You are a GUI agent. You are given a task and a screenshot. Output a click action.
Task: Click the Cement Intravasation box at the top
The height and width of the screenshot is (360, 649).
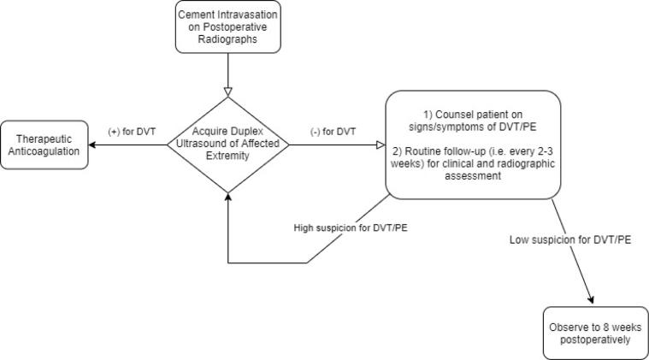pyautogui.click(x=227, y=27)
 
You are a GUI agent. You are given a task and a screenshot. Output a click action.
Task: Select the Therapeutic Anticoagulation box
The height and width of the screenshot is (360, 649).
pyautogui.click(x=44, y=145)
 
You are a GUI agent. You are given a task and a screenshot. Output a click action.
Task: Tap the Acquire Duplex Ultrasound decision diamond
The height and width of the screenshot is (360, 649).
pyautogui.click(x=227, y=144)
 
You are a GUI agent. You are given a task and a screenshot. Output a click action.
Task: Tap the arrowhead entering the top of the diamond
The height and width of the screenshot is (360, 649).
pyautogui.click(x=227, y=90)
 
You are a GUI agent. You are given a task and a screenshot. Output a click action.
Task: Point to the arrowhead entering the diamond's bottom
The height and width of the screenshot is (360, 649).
pyautogui.click(x=227, y=196)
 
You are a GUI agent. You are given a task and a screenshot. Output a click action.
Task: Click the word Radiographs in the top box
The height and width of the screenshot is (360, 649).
pyautogui.click(x=227, y=39)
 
